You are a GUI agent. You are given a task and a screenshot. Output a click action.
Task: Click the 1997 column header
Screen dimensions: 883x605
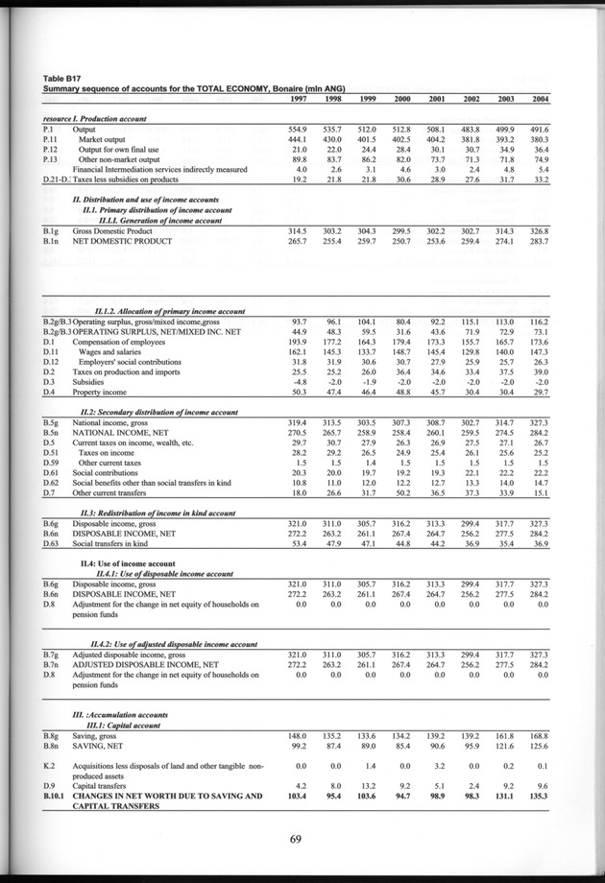click(x=297, y=99)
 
